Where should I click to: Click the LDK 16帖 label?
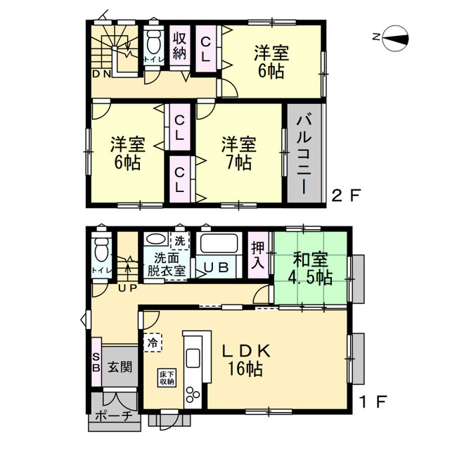coord(245,359)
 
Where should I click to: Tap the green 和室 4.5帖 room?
coord(310,268)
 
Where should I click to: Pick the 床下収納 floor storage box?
coord(166,376)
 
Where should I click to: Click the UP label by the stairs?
coord(128,288)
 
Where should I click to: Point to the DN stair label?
coord(101,73)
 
